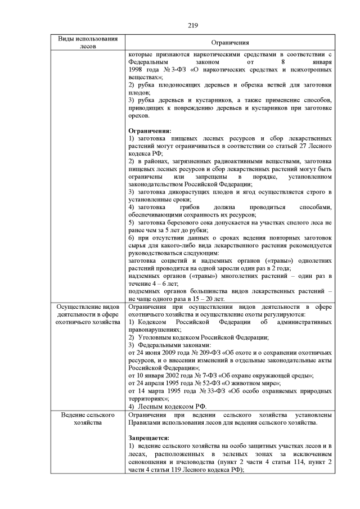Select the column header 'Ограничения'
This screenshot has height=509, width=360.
pos(230,43)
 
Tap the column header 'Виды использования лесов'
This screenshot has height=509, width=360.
pos(88,43)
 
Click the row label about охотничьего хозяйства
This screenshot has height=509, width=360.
pos(88,314)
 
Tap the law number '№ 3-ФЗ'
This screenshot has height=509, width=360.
pos(165,76)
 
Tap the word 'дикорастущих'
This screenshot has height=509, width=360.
pos(182,192)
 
